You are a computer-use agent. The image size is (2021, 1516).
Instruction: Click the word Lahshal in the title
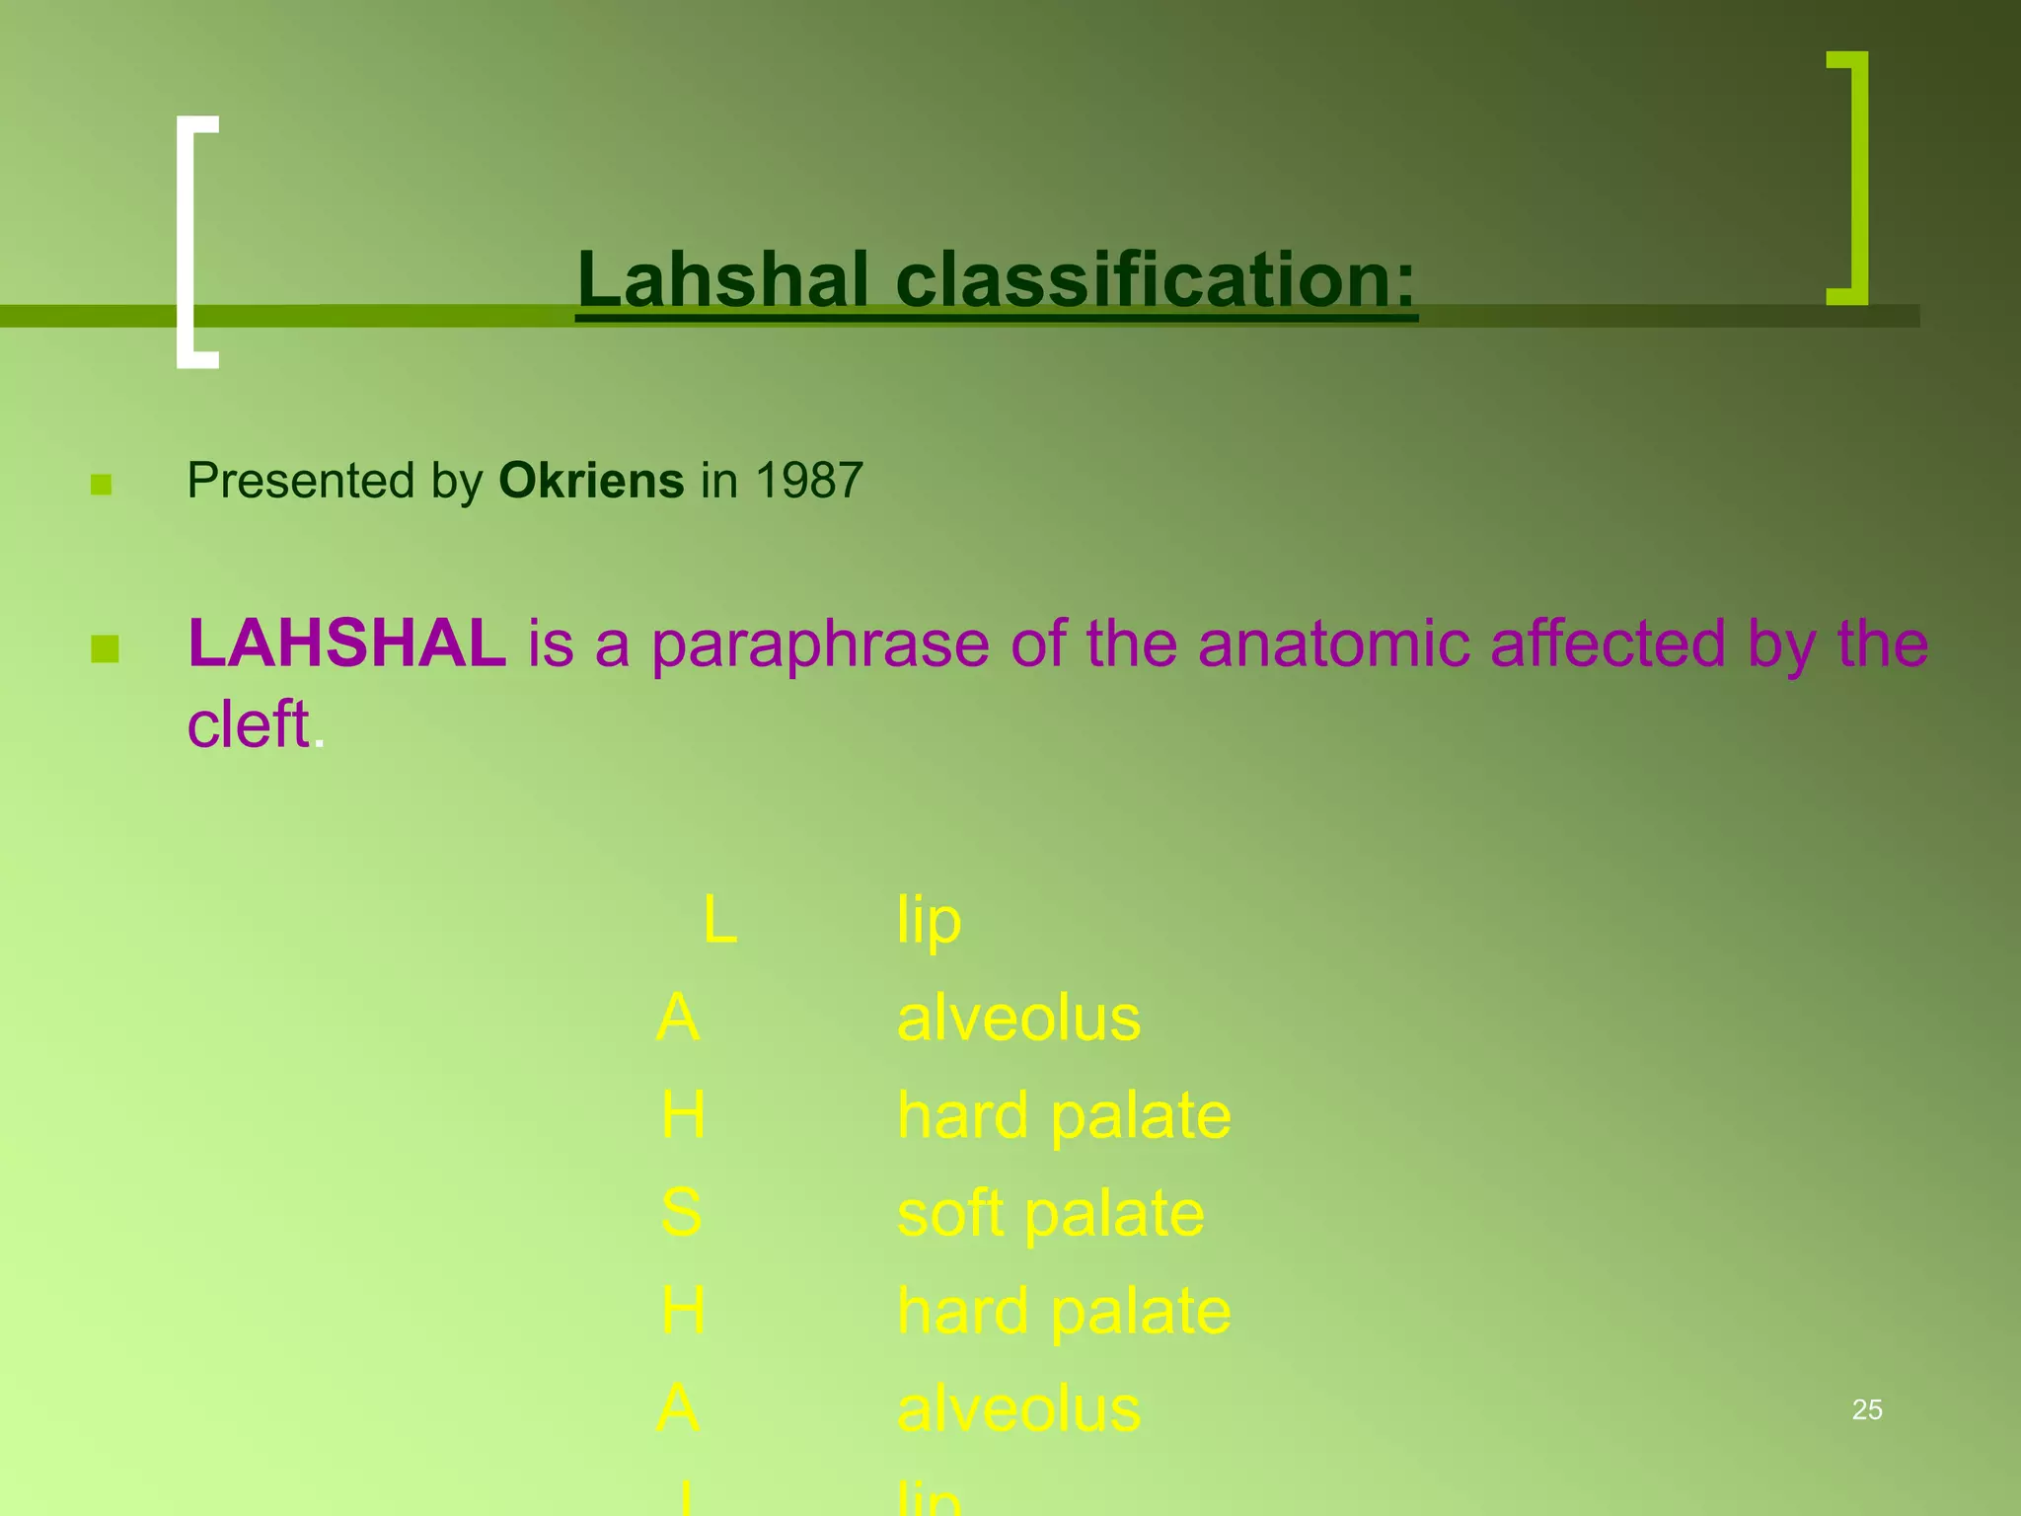[723, 279]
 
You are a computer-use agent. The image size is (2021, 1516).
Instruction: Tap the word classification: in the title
[1156, 279]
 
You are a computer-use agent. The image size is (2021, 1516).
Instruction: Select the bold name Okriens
[591, 481]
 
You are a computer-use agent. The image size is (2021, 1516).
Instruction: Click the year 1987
[808, 481]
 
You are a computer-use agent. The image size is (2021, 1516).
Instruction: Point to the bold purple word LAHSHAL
[346, 644]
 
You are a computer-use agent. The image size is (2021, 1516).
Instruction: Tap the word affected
[1608, 644]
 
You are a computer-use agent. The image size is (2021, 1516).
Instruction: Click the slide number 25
[1867, 1410]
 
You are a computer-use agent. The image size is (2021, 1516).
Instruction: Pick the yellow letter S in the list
[681, 1213]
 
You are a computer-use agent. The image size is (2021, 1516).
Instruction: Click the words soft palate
[1050, 1213]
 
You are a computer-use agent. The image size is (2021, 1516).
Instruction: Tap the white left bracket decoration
[195, 242]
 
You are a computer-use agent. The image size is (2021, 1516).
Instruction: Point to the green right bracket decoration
[1849, 178]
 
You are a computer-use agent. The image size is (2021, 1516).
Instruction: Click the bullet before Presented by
[101, 484]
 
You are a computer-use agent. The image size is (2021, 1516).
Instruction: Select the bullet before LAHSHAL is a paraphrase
[105, 649]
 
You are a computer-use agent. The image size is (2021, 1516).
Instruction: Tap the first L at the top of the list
[719, 921]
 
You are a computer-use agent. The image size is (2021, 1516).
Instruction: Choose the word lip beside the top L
[928, 921]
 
